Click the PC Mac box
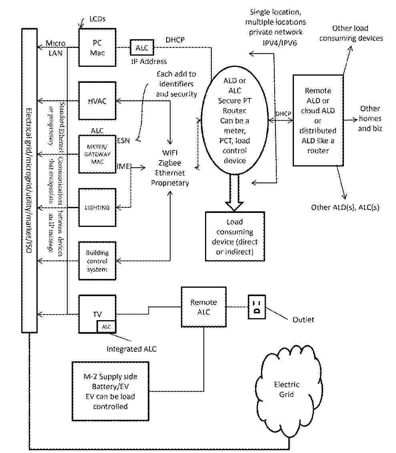pyautogui.click(x=97, y=47)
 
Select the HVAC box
pyautogui.click(x=97, y=101)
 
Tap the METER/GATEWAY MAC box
pyautogui.click(x=97, y=154)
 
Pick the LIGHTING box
pyautogui.click(x=97, y=207)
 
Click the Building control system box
pyautogui.click(x=97, y=261)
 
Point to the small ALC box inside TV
pyautogui.click(x=106, y=327)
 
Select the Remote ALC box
pyautogui.click(x=203, y=307)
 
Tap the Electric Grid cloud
pyautogui.click(x=286, y=389)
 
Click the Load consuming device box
pyautogui.click(x=235, y=237)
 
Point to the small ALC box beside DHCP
pyautogui.click(x=142, y=48)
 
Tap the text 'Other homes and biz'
pyautogui.click(x=370, y=118)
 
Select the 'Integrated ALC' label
pyautogui.click(x=131, y=349)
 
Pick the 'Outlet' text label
pyautogui.click(x=303, y=319)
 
